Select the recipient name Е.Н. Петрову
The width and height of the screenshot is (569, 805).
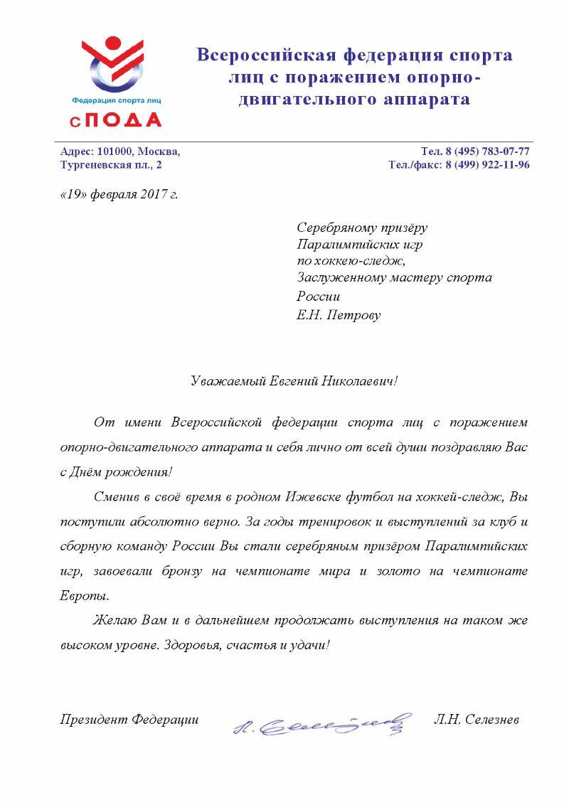pos(339,314)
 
